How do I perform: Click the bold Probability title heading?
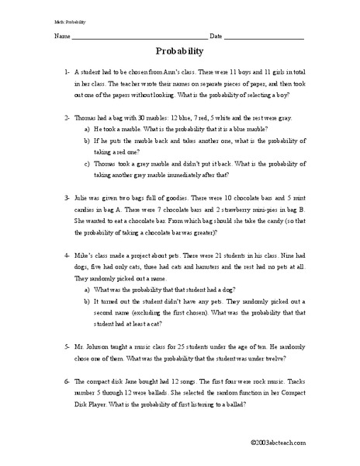(x=179, y=53)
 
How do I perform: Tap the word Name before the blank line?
(x=61, y=37)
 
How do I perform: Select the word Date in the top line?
(x=216, y=37)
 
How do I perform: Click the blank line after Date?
(x=264, y=37)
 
